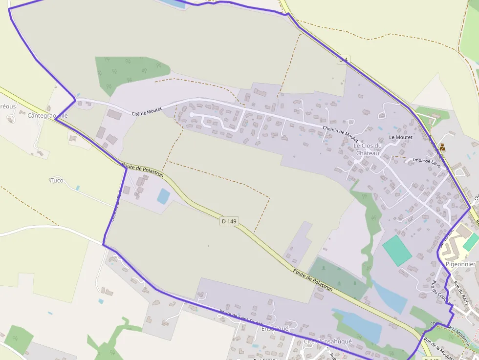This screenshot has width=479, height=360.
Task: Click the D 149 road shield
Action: [229, 221]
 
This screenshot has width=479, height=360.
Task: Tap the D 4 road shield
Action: [344, 60]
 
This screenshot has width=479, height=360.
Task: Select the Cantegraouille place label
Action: [47, 116]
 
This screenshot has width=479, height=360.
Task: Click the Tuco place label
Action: [57, 180]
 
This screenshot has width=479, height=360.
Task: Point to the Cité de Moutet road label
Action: [147, 111]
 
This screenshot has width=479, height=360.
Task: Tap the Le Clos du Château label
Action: [367, 149]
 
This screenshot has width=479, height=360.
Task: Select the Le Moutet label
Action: [401, 137]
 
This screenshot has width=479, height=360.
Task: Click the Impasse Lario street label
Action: [427, 163]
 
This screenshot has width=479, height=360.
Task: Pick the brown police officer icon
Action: [442, 147]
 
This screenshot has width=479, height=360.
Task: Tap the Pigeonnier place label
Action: [460, 264]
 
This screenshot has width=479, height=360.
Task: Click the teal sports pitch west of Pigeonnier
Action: [397, 250]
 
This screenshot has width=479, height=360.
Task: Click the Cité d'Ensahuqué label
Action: [327, 341]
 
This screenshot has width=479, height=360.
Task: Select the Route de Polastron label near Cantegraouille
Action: [142, 170]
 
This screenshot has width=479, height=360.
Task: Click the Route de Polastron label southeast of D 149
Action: [313, 280]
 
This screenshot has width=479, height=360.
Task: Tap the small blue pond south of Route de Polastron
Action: [163, 196]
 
